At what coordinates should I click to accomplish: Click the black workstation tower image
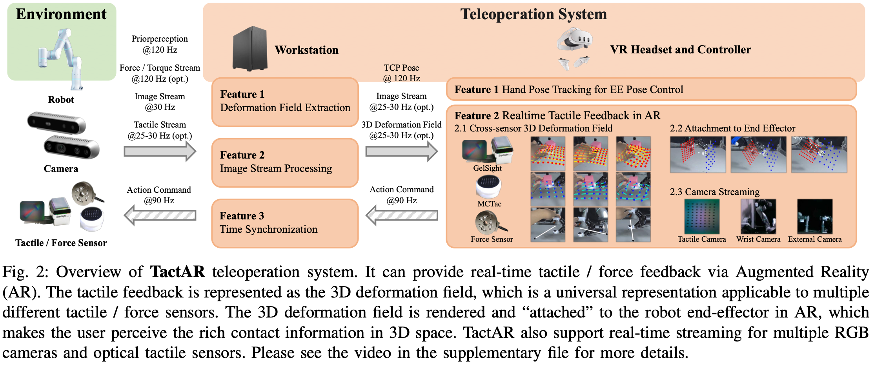coord(250,49)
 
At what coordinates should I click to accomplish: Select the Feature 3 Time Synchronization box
coord(285,223)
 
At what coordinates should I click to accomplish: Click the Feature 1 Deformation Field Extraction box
coord(285,101)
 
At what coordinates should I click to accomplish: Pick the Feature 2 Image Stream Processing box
coord(285,162)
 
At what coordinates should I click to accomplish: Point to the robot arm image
coord(61,57)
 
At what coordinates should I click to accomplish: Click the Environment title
coord(61,14)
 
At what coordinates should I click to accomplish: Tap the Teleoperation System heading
coord(534,14)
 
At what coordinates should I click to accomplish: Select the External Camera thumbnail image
coord(815,216)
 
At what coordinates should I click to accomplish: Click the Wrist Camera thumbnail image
coord(758,216)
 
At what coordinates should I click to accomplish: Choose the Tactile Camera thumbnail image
coord(702,216)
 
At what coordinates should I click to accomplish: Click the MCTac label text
coord(489,204)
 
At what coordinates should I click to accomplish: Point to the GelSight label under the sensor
coord(488,168)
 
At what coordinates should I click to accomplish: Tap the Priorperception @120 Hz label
coord(160,44)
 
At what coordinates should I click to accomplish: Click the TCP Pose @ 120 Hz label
coord(401,73)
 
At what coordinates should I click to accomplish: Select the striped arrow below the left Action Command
coord(160,215)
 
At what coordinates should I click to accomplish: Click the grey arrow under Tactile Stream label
coord(160,151)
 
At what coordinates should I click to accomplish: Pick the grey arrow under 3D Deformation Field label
coord(401,151)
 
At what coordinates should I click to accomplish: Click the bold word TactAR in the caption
coord(178,272)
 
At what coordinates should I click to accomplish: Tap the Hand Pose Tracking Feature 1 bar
coord(651,89)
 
